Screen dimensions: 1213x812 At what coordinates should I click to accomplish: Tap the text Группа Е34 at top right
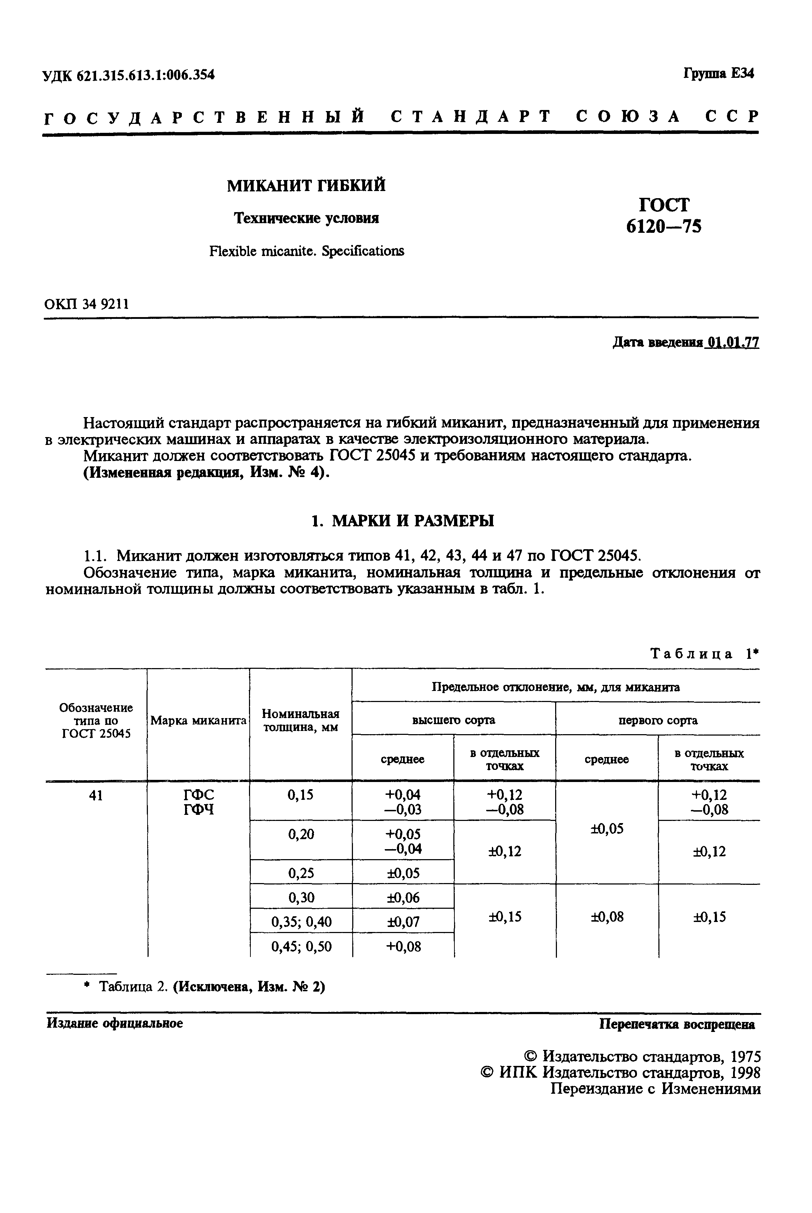coord(718,74)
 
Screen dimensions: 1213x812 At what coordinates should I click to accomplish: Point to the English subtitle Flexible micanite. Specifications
coord(306,251)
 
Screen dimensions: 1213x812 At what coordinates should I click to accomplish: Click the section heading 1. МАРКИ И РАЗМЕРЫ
coord(402,521)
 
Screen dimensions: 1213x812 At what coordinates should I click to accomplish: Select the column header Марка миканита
coord(198,720)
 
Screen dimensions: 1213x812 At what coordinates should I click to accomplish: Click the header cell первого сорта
coord(658,720)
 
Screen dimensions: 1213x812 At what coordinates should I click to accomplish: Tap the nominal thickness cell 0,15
coord(300,795)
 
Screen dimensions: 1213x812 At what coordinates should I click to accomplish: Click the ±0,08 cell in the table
coord(607,917)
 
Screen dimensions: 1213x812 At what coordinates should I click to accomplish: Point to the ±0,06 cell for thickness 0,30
coord(403,897)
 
